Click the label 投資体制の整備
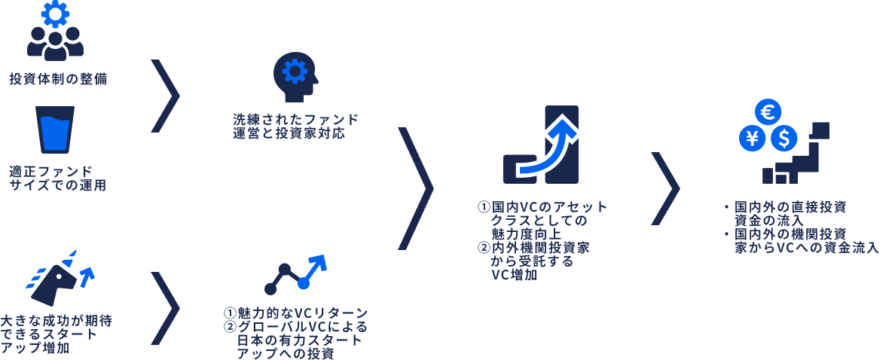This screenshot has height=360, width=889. [x=58, y=79]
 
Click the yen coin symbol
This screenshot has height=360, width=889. [x=752, y=139]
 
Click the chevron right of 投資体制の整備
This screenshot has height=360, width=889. [x=166, y=96]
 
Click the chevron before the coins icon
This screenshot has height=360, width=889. [x=665, y=188]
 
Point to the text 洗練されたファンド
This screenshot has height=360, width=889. [x=295, y=120]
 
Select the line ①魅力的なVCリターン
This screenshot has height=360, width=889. [x=295, y=313]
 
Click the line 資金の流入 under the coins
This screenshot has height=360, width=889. [x=769, y=220]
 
